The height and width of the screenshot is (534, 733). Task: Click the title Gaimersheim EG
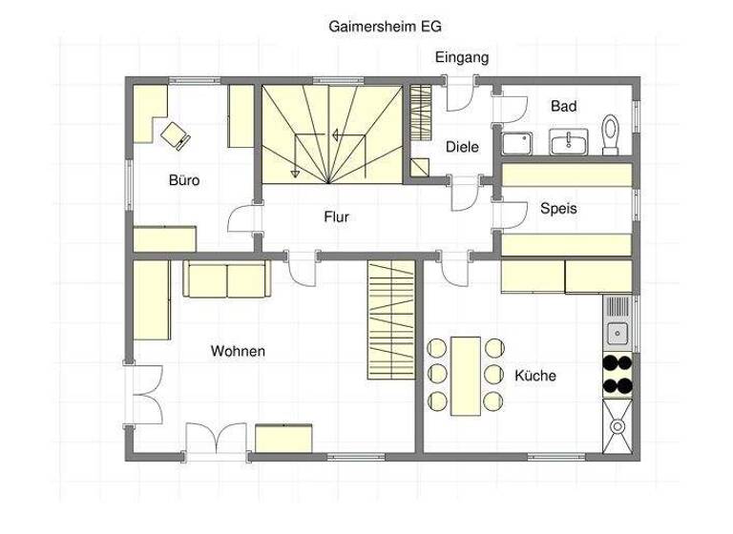(385, 27)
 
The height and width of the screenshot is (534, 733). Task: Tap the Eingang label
(462, 57)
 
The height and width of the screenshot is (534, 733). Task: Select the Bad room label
(563, 107)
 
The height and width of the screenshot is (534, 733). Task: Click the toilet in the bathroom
(612, 133)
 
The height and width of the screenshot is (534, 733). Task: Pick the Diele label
(462, 147)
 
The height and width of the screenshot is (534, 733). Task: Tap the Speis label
(558, 208)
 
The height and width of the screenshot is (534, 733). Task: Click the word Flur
(336, 217)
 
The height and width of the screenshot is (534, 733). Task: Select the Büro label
(184, 179)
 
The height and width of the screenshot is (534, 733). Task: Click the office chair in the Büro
(176, 134)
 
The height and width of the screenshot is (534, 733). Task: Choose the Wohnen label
(238, 352)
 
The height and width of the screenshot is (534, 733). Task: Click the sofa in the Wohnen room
(227, 279)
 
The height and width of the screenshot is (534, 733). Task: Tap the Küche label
(534, 376)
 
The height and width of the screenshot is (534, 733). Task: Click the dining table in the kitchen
(466, 375)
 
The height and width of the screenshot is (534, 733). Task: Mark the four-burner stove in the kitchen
(618, 375)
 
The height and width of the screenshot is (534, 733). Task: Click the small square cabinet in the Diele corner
(421, 167)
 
